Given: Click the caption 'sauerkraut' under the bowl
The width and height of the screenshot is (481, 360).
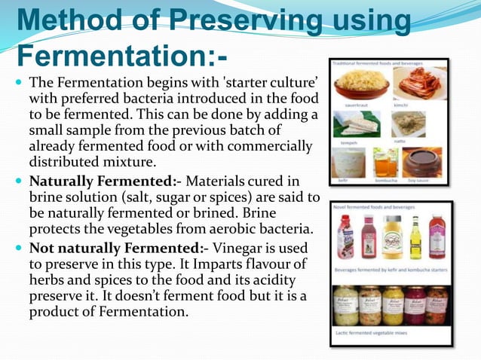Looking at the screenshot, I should (x=357, y=105).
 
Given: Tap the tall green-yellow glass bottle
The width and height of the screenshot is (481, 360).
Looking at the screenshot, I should (x=415, y=236).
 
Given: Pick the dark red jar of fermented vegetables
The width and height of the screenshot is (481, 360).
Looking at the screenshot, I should (x=415, y=305).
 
